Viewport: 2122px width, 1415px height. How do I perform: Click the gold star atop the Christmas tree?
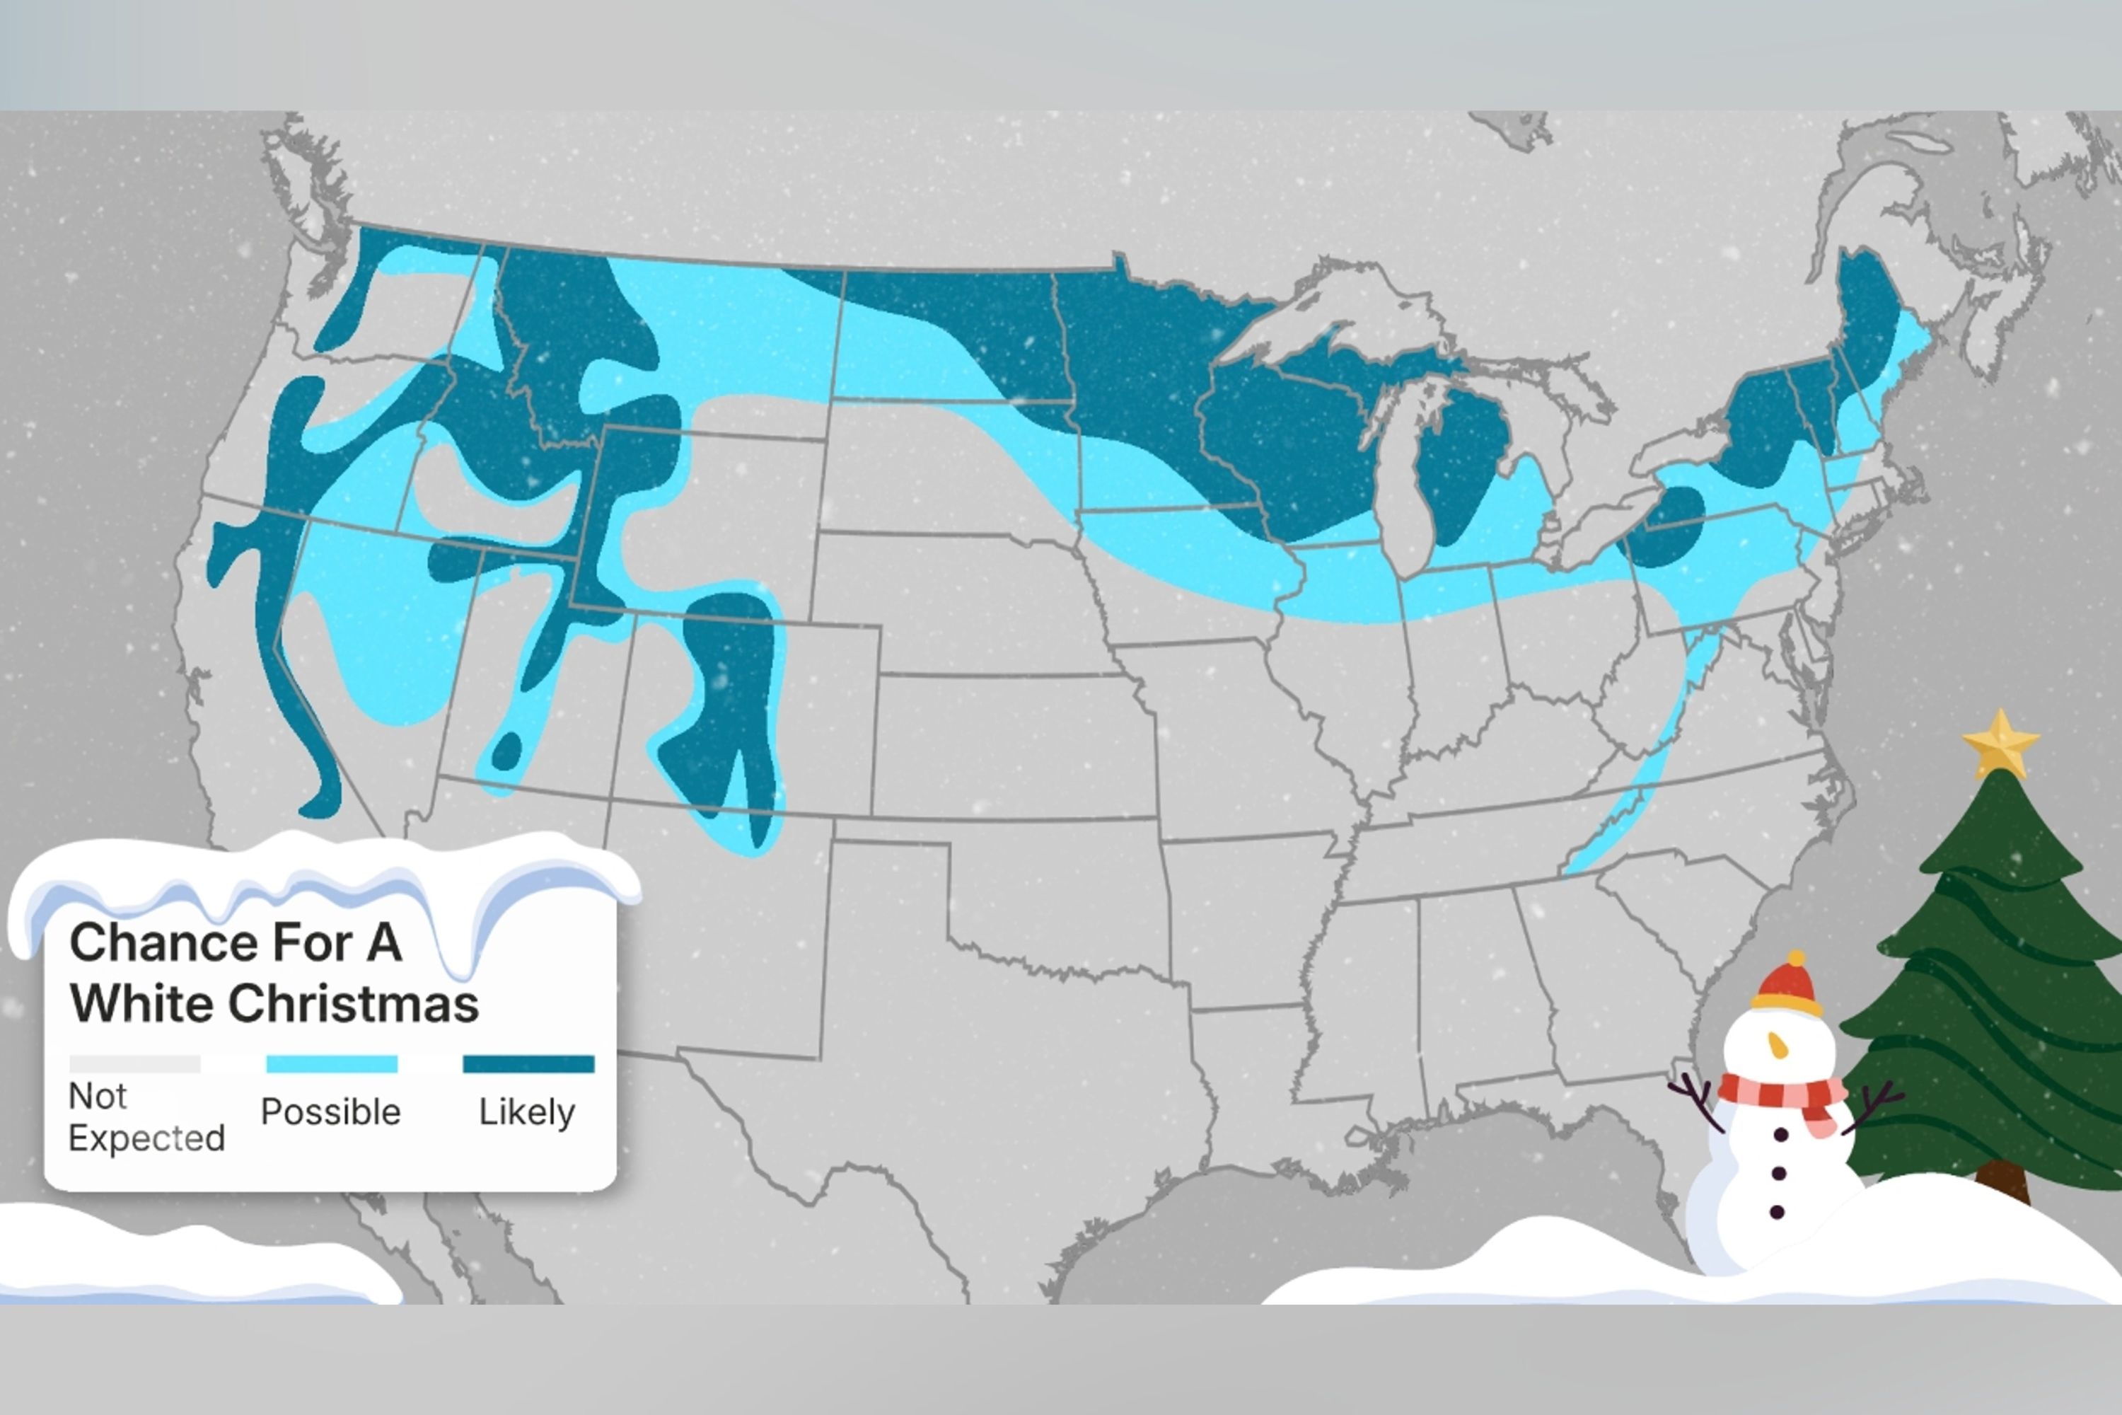pyautogui.click(x=2000, y=743)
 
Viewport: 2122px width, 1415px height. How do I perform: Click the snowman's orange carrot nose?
pyautogui.click(x=1778, y=1045)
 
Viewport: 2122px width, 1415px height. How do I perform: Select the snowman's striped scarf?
pyautogui.click(x=1782, y=1095)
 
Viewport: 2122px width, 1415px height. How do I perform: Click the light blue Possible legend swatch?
pyautogui.click(x=331, y=1065)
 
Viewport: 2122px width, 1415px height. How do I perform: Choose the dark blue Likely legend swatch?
pyautogui.click(x=528, y=1065)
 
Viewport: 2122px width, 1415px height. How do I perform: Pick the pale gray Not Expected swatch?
pyautogui.click(x=134, y=1065)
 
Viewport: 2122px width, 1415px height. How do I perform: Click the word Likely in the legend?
pyautogui.click(x=527, y=1111)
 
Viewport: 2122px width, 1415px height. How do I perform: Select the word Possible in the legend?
pyautogui.click(x=330, y=1111)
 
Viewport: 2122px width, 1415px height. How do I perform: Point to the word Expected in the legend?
pyautogui.click(x=146, y=1139)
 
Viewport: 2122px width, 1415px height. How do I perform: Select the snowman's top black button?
pyautogui.click(x=1782, y=1134)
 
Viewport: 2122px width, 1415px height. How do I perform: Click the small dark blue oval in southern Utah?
pyautogui.click(x=506, y=751)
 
